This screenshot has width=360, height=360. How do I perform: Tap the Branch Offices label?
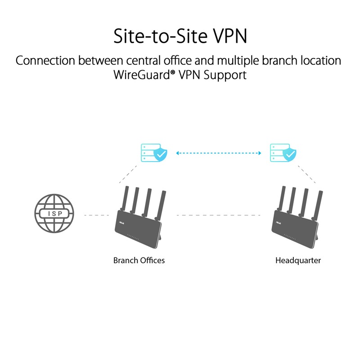139,260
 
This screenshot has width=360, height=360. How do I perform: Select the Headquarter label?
298,260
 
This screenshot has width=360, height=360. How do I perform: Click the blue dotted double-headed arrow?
219,153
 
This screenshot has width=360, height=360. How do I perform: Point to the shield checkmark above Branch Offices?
161,155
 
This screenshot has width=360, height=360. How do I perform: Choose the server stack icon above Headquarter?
276,153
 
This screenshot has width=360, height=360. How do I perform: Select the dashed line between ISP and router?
95,215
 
